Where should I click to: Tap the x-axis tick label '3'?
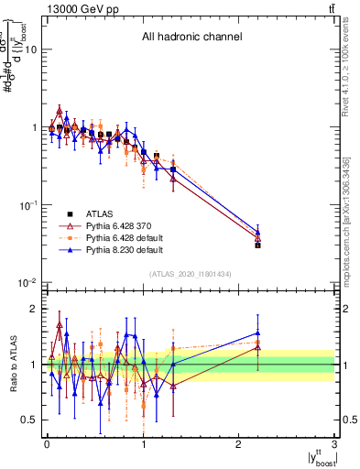335,443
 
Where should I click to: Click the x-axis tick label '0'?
46,443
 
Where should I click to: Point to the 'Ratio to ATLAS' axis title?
13,364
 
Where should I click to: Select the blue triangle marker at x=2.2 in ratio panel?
258,333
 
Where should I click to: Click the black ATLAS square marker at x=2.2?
258,245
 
